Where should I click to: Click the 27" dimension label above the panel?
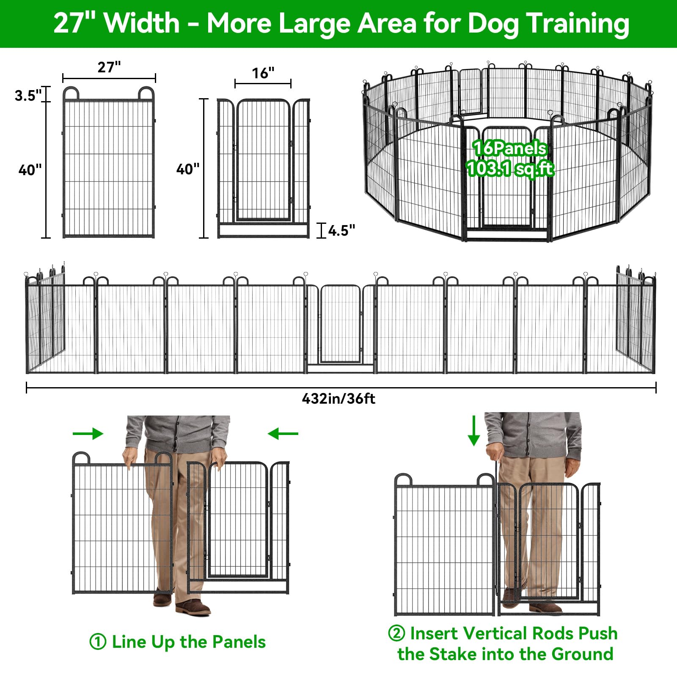[x=109, y=67]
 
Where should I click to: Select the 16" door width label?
[x=263, y=73]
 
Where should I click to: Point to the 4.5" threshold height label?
[x=342, y=231]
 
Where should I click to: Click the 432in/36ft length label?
[x=338, y=399]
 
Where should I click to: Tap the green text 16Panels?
[x=510, y=149]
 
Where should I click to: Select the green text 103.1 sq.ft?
[x=510, y=169]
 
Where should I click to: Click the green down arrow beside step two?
[x=474, y=430]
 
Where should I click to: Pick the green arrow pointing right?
[x=88, y=434]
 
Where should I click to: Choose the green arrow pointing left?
[x=283, y=434]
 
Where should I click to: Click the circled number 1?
[x=98, y=642]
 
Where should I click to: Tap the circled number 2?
[x=396, y=633]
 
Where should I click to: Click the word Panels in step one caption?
[x=239, y=642]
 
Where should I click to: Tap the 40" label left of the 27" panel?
[x=30, y=170]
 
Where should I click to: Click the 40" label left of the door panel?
[x=188, y=169]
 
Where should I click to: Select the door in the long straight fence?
[x=340, y=324]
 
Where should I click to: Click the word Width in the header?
[x=142, y=23]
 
